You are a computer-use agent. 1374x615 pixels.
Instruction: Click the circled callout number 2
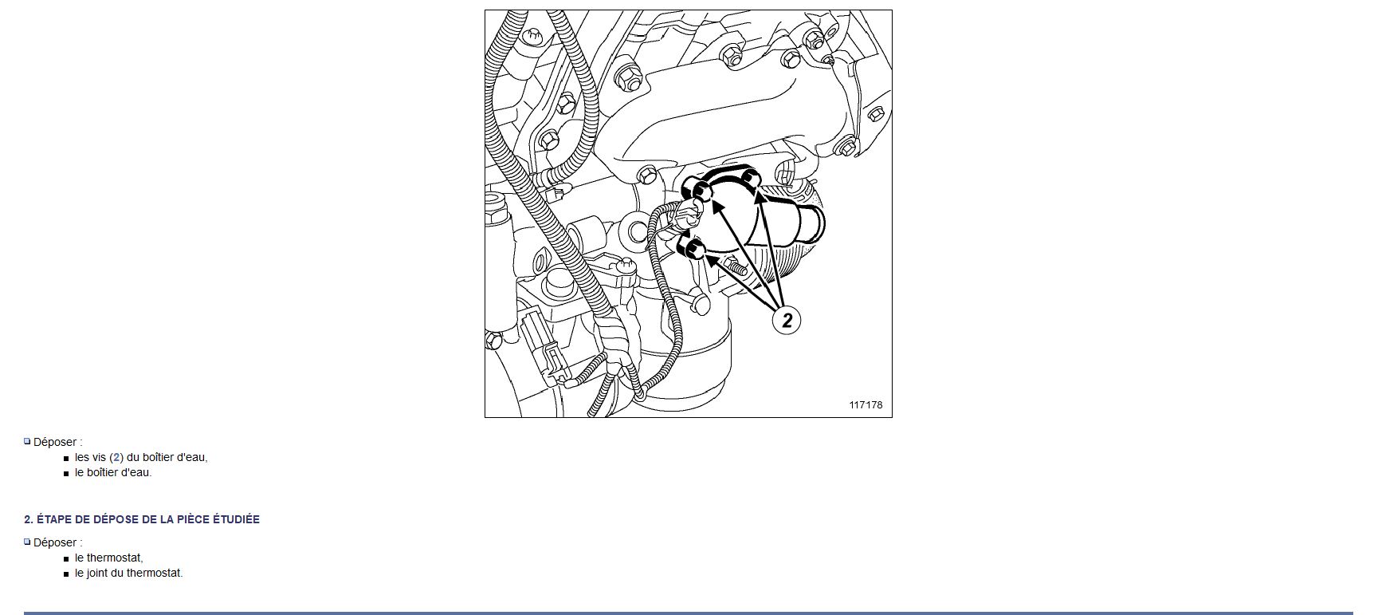tap(787, 320)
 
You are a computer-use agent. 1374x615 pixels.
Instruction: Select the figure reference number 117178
tap(866, 404)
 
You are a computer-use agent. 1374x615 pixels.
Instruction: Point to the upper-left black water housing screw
tap(701, 190)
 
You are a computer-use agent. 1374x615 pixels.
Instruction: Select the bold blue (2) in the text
tap(116, 457)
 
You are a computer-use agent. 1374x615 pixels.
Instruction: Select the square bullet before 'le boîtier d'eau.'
tap(66, 473)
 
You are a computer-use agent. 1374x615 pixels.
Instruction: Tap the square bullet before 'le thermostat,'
tap(66, 558)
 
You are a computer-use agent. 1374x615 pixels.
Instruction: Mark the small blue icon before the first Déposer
tap(27, 441)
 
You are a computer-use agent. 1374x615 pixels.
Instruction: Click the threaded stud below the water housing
tap(734, 264)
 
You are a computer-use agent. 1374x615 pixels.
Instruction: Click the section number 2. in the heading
tap(29, 519)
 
